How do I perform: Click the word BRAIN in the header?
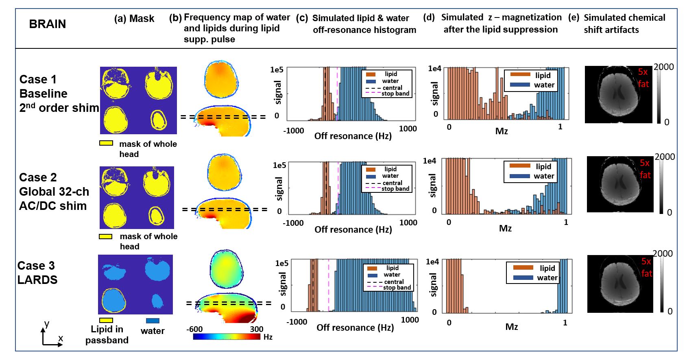click(x=47, y=24)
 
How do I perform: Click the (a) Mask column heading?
click(x=134, y=19)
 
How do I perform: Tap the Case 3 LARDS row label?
click(x=37, y=273)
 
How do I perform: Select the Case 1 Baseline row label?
click(x=44, y=94)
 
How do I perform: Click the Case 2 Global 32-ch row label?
click(x=53, y=191)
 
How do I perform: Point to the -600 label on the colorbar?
click(x=194, y=329)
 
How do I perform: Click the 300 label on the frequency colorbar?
click(x=256, y=329)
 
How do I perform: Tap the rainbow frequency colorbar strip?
click(x=226, y=337)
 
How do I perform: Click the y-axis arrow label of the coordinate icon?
click(x=47, y=324)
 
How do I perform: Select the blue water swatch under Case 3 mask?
click(x=153, y=321)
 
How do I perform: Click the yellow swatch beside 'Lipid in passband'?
click(x=106, y=321)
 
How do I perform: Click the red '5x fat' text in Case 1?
click(x=643, y=78)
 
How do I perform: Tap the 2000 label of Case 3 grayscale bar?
click(x=663, y=254)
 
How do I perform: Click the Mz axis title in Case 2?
click(x=505, y=228)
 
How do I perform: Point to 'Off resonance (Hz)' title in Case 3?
click(x=355, y=327)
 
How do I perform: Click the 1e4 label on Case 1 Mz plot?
click(x=434, y=69)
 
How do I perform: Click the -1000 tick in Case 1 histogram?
click(x=294, y=131)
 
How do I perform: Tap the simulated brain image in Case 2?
click(x=619, y=184)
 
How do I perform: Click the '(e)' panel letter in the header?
click(x=574, y=18)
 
